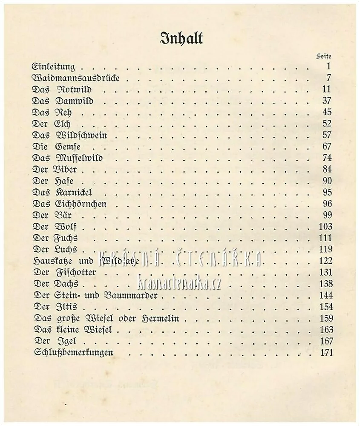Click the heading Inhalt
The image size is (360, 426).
pyautogui.click(x=181, y=38)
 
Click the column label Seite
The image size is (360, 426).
pyautogui.click(x=324, y=56)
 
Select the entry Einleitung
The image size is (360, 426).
pyautogui.click(x=54, y=66)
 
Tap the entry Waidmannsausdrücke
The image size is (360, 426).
pyautogui.click(x=75, y=78)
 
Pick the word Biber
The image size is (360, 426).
pyautogui.click(x=66, y=170)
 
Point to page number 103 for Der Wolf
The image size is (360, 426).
pyautogui.click(x=325, y=227)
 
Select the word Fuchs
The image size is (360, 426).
pyautogui.click(x=66, y=238)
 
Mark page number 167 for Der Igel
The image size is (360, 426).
pyautogui.click(x=325, y=341)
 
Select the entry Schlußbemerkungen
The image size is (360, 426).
pyautogui.click(x=72, y=352)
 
